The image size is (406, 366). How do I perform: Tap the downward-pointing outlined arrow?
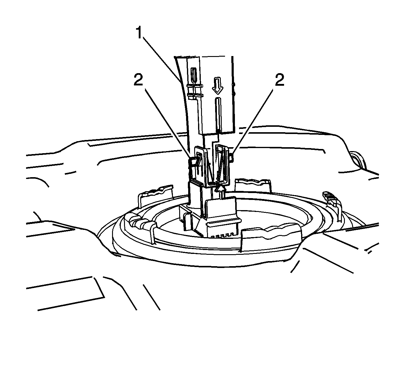[217, 85]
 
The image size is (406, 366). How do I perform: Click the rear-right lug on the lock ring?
[253, 185]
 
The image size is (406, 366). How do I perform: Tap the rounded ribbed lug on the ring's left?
[139, 223]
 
